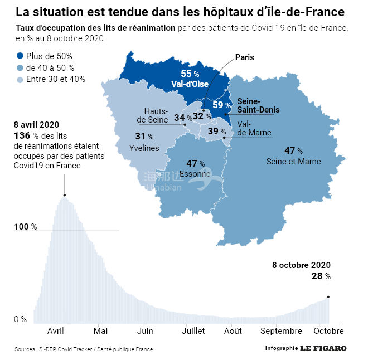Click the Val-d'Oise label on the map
tap(190, 84)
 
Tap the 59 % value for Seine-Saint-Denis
tap(221, 105)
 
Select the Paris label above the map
tap(245, 57)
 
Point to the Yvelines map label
tap(144, 148)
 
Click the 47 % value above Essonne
tap(195, 164)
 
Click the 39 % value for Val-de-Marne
tap(216, 132)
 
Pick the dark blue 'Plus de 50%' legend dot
tap(21, 56)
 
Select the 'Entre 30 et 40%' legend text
tap(55, 79)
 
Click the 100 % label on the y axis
tap(25, 227)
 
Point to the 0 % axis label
tap(20, 319)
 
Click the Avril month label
tap(55, 330)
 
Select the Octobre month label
tap(328, 330)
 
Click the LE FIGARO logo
tap(323, 348)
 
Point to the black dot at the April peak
tap(65, 195)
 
